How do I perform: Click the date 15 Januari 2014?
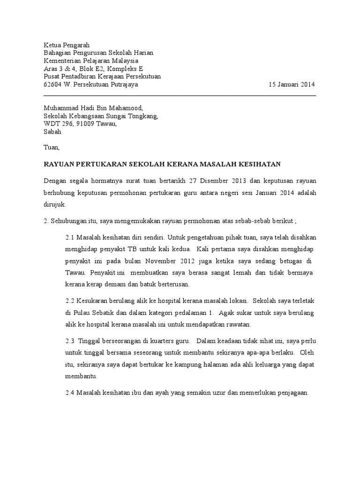click(x=292, y=85)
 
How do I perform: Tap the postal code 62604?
click(x=52, y=85)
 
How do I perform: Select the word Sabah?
click(x=52, y=132)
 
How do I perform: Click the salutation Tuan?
click(x=52, y=147)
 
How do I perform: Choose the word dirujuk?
click(x=55, y=204)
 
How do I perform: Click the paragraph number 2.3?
click(x=70, y=341)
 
